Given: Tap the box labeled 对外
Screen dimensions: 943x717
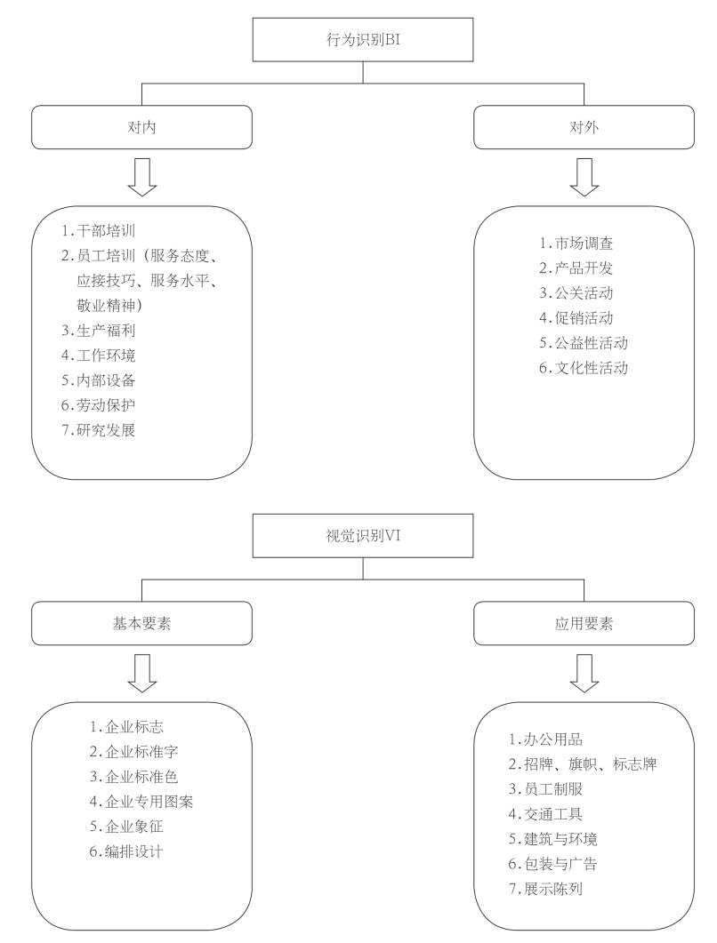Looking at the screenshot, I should coord(584,127).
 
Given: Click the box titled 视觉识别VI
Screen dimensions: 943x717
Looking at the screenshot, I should coord(360,539).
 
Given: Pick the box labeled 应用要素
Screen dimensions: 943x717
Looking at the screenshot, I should coord(584,624).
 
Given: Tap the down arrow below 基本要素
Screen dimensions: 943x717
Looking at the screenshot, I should coord(142,673).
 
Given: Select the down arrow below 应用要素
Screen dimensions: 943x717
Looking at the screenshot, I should coord(584,673).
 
